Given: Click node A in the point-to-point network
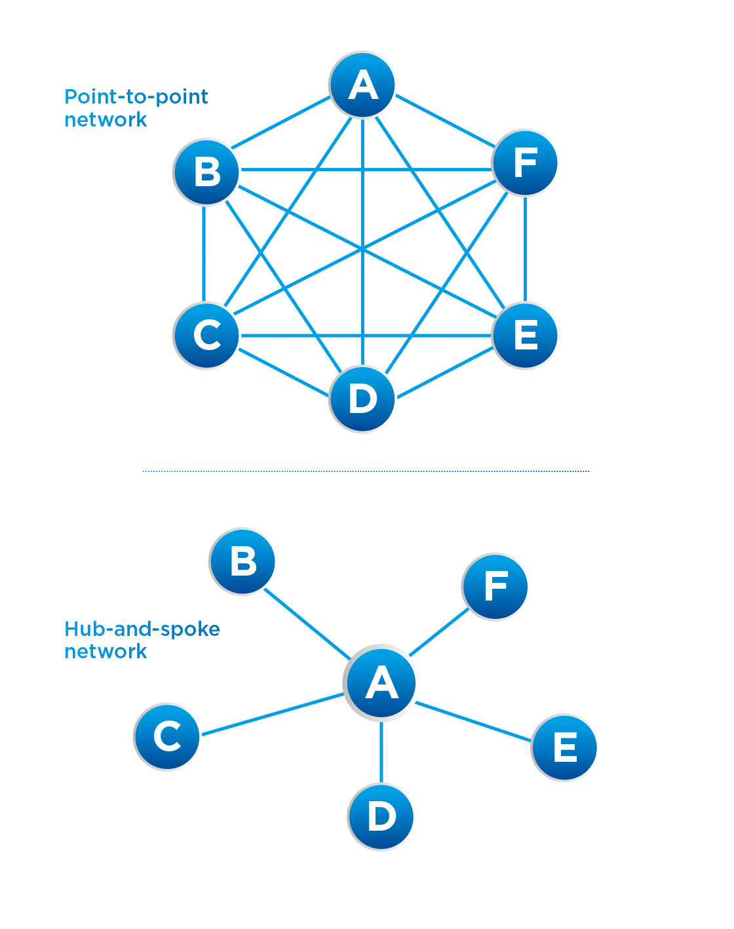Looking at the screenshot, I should click(x=362, y=85).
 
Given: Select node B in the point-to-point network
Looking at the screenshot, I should click(x=206, y=172).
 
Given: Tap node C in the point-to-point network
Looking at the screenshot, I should click(x=206, y=335).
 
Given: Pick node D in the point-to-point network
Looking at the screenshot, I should click(x=362, y=399).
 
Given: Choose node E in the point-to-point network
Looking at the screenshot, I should click(x=525, y=335).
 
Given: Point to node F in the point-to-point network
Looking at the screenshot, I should click(x=525, y=163).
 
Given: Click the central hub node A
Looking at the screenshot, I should click(x=381, y=682).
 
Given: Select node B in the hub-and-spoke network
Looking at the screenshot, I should click(x=242, y=561).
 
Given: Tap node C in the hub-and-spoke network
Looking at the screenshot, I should click(x=167, y=736).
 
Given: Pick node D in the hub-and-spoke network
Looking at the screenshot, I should click(x=381, y=817).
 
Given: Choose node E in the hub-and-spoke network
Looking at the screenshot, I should click(x=564, y=747).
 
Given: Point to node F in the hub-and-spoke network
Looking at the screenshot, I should click(x=495, y=586).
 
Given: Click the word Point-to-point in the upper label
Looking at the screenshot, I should click(x=136, y=97).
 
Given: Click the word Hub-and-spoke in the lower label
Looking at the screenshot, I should click(x=142, y=629).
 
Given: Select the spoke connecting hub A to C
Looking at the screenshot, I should click(x=272, y=714).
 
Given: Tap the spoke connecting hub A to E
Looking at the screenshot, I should click(x=473, y=722).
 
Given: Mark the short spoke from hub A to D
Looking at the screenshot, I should click(x=381, y=752).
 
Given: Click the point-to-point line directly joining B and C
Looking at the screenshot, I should click(x=204, y=254).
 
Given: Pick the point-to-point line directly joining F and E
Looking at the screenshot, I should click(x=525, y=249).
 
